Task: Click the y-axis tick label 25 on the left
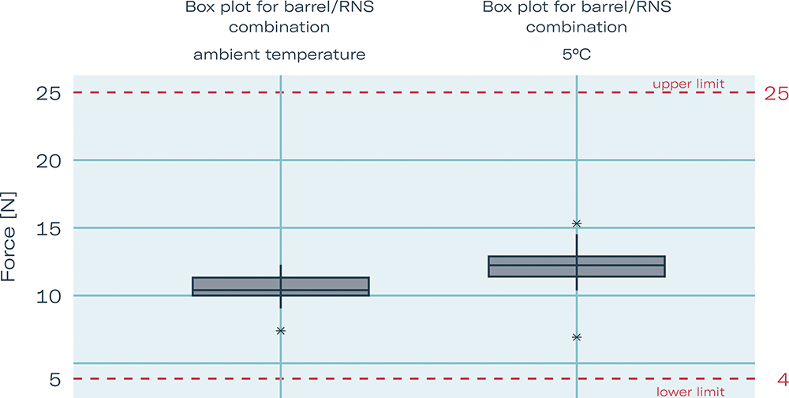coord(49,93)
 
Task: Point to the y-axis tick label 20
coord(49,161)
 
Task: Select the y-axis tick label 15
coord(50,229)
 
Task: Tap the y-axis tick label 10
coord(50,297)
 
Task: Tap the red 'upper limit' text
coord(688,83)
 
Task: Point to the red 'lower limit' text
coord(688,391)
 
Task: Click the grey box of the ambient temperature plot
coord(237,286)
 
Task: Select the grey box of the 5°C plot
coord(537,266)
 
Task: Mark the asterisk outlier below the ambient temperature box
coord(281,331)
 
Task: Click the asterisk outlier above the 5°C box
coord(577,223)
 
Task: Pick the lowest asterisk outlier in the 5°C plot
coord(577,337)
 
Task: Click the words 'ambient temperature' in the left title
coord(279,55)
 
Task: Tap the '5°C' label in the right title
coord(576,55)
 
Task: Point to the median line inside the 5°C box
coord(537,265)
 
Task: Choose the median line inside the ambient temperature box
coord(237,291)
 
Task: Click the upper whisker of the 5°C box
coord(577,245)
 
